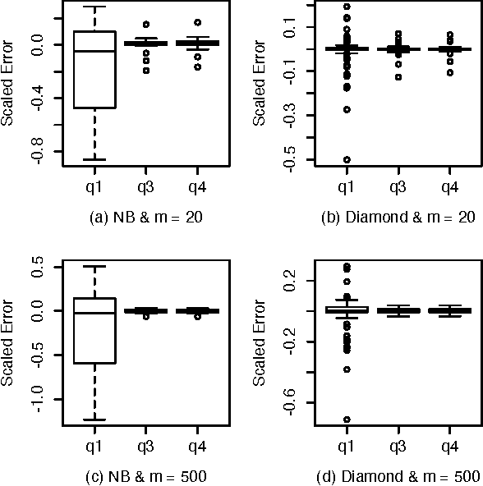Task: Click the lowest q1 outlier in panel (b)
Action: [x=347, y=159]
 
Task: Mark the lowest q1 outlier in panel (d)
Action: [x=347, y=420]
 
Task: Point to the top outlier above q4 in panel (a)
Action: [x=198, y=22]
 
